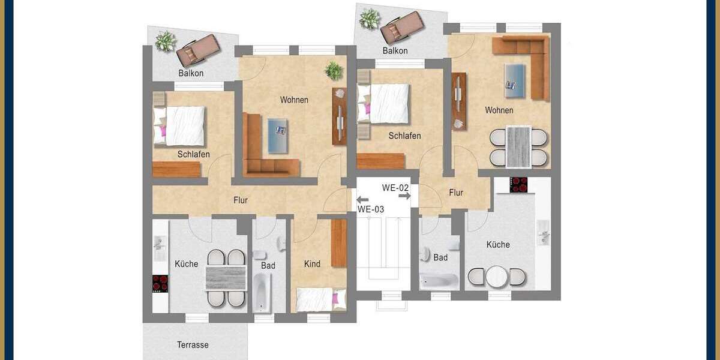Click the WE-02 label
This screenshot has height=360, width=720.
click(x=395, y=188)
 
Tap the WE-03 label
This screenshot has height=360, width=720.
click(x=371, y=209)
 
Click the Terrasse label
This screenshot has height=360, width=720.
click(x=193, y=345)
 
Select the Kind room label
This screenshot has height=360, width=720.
click(x=312, y=264)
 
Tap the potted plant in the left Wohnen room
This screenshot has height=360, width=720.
click(x=334, y=71)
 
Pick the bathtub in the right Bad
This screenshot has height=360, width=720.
click(x=439, y=280)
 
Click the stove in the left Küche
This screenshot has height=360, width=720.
click(x=160, y=283)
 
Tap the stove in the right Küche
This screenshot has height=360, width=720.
click(x=518, y=185)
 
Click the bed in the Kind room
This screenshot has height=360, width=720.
click(x=321, y=298)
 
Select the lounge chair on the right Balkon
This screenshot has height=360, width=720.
click(x=403, y=27)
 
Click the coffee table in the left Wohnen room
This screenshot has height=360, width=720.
click(x=277, y=136)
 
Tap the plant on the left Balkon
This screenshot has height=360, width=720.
click(x=165, y=41)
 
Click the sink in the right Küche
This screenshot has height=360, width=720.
click(x=544, y=233)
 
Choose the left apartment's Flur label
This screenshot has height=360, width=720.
click(x=241, y=200)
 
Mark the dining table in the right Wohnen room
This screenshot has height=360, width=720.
click(x=519, y=146)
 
